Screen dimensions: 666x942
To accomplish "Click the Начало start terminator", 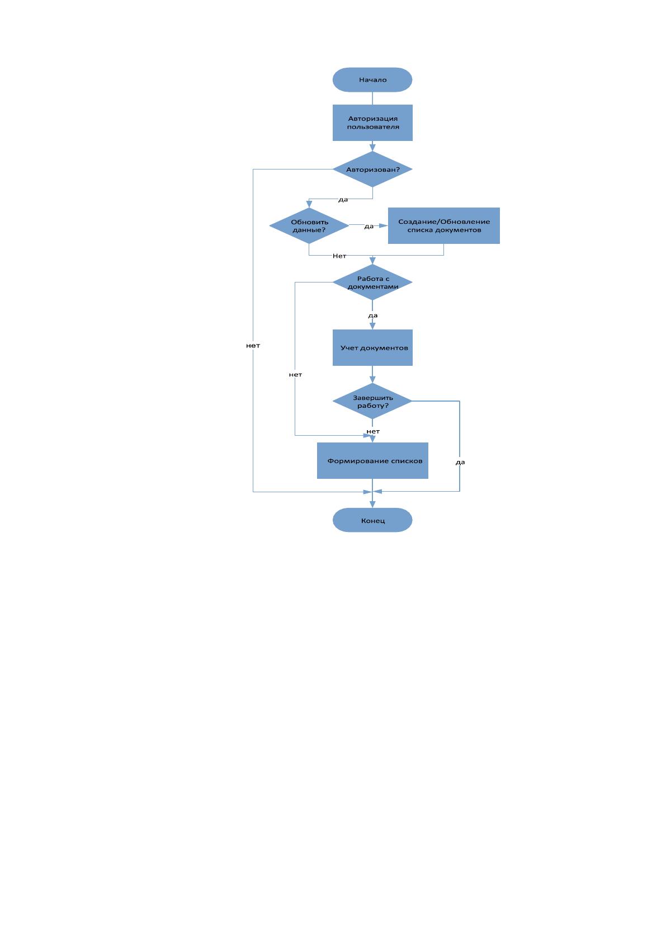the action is pos(372,79).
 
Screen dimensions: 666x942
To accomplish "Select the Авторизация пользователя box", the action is pos(372,123).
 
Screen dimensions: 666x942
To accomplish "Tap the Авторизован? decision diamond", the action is pos(372,169).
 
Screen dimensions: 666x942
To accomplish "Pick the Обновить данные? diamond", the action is pos(309,225).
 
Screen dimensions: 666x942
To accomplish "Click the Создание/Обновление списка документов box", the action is pos(443,225).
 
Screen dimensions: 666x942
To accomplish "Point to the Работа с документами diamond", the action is pos(372,282).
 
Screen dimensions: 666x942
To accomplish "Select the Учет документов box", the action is pos(372,347).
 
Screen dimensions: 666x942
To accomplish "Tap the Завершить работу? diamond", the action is pos(372,401).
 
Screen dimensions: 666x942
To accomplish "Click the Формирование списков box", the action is pos(372,460).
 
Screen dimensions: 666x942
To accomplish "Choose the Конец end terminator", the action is pos(372,520).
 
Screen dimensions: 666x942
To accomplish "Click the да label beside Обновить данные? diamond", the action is pos(369,226).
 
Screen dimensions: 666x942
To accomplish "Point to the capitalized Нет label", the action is pos(339,256).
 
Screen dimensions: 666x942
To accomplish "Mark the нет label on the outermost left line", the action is pos(253,346).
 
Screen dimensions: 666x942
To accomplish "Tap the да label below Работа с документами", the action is pos(372,315).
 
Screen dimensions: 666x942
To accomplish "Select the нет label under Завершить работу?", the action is pos(373,431).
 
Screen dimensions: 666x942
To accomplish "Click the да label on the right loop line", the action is pos(460,462).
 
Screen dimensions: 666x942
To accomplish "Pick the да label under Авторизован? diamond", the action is pos(343,200).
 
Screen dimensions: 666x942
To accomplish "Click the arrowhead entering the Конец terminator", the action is pos(372,505).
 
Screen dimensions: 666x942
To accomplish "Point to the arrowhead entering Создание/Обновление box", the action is pos(384,225).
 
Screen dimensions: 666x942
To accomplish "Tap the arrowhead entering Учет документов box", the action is pos(372,326).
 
